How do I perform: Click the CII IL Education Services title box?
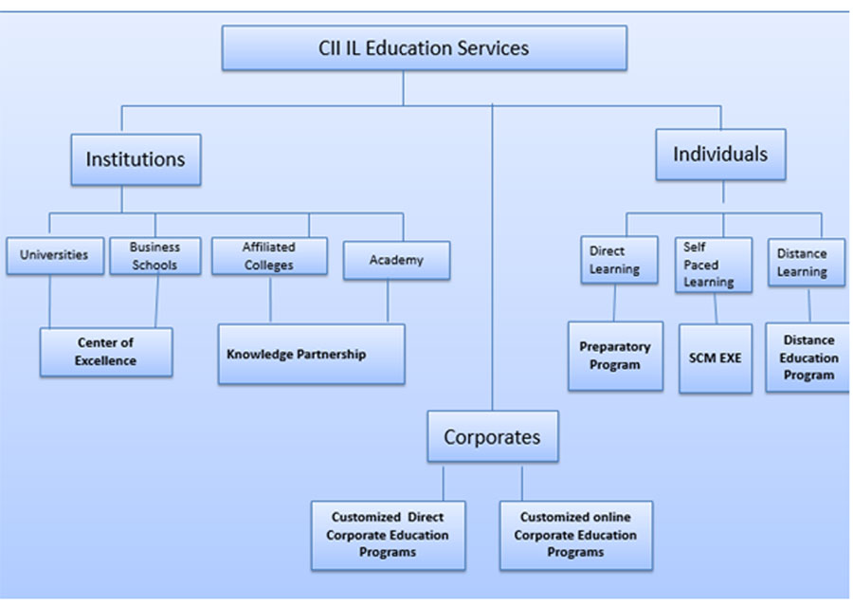[x=424, y=47]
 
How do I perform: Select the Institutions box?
[x=136, y=159]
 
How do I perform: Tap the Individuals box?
[x=720, y=154]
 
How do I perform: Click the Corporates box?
[x=492, y=437]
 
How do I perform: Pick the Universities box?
[x=54, y=255]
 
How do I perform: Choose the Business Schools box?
[x=154, y=255]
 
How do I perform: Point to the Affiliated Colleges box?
[x=269, y=256]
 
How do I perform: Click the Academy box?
[x=396, y=260]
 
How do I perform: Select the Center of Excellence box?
[x=106, y=352]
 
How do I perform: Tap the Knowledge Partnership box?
[x=311, y=354]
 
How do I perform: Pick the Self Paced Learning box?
[x=713, y=265]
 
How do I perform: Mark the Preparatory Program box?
[x=615, y=356]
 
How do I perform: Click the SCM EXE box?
[x=716, y=358]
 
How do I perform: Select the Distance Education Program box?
[x=808, y=357]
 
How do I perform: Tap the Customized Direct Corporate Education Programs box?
[x=388, y=535]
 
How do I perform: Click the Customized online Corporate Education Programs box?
[x=575, y=535]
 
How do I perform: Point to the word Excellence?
[x=106, y=361]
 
